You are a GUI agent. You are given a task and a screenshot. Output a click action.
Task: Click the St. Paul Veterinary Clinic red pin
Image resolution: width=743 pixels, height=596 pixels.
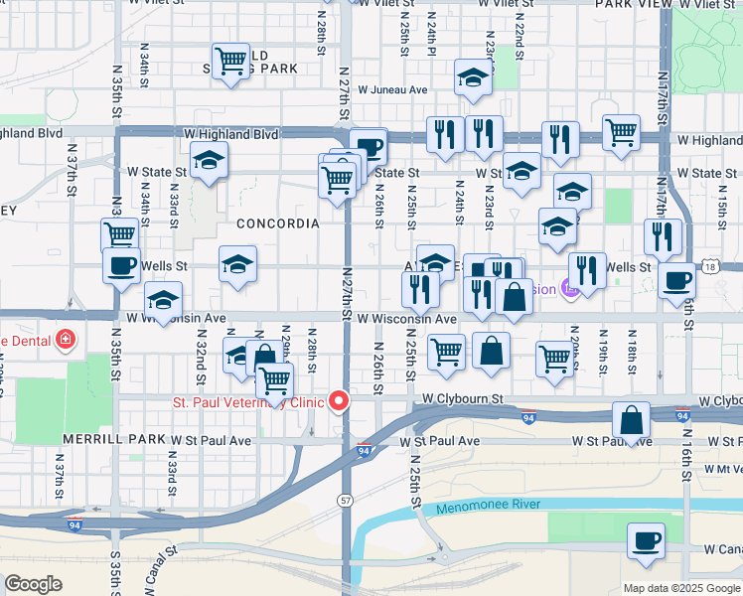click(340, 401)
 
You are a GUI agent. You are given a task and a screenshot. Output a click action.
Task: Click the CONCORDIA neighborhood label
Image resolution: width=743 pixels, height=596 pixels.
click(277, 223)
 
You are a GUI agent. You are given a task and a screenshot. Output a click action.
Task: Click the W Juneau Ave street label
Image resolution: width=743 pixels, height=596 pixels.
click(392, 89)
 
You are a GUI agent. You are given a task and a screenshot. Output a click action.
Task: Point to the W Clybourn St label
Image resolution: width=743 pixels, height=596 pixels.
click(462, 398)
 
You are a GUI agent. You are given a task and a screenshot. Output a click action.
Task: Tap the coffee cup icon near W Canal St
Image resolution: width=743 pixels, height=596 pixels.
click(646, 541)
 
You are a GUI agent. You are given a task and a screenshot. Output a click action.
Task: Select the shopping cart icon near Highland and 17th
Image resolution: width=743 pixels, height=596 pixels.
click(621, 132)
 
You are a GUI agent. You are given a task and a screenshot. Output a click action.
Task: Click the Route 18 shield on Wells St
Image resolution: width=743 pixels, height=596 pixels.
click(708, 266)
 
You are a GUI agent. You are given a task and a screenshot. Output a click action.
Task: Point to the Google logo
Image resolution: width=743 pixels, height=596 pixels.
click(33, 583)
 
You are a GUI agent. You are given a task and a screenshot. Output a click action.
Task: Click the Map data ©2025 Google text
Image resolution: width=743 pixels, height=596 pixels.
click(680, 588)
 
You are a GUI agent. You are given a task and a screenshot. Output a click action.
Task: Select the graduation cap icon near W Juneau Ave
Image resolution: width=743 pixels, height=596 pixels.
click(474, 77)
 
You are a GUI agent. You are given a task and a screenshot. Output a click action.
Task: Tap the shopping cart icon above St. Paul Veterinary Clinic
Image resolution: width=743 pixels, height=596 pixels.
click(273, 379)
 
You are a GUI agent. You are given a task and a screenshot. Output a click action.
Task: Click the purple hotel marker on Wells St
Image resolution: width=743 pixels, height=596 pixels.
click(568, 290)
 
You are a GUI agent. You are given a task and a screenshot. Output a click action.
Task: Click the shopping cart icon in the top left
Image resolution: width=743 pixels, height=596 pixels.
click(231, 61)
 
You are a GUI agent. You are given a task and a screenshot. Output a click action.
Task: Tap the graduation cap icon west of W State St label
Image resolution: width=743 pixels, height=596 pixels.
click(209, 159)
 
